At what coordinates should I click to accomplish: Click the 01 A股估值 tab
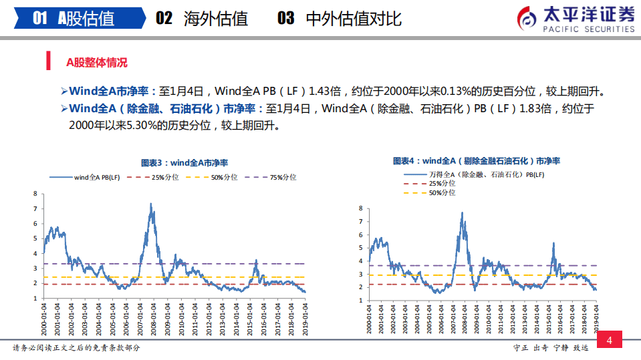click(74, 18)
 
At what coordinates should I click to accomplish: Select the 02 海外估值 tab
click(202, 18)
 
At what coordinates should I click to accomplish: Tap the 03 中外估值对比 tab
click(340, 18)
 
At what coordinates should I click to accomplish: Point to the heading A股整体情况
click(96, 62)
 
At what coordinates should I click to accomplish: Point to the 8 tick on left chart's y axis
click(35, 194)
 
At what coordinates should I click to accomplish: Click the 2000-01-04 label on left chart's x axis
click(44, 318)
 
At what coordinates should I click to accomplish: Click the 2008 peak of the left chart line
click(152, 204)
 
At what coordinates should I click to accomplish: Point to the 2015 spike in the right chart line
click(553, 244)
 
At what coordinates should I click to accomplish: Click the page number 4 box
click(609, 341)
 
